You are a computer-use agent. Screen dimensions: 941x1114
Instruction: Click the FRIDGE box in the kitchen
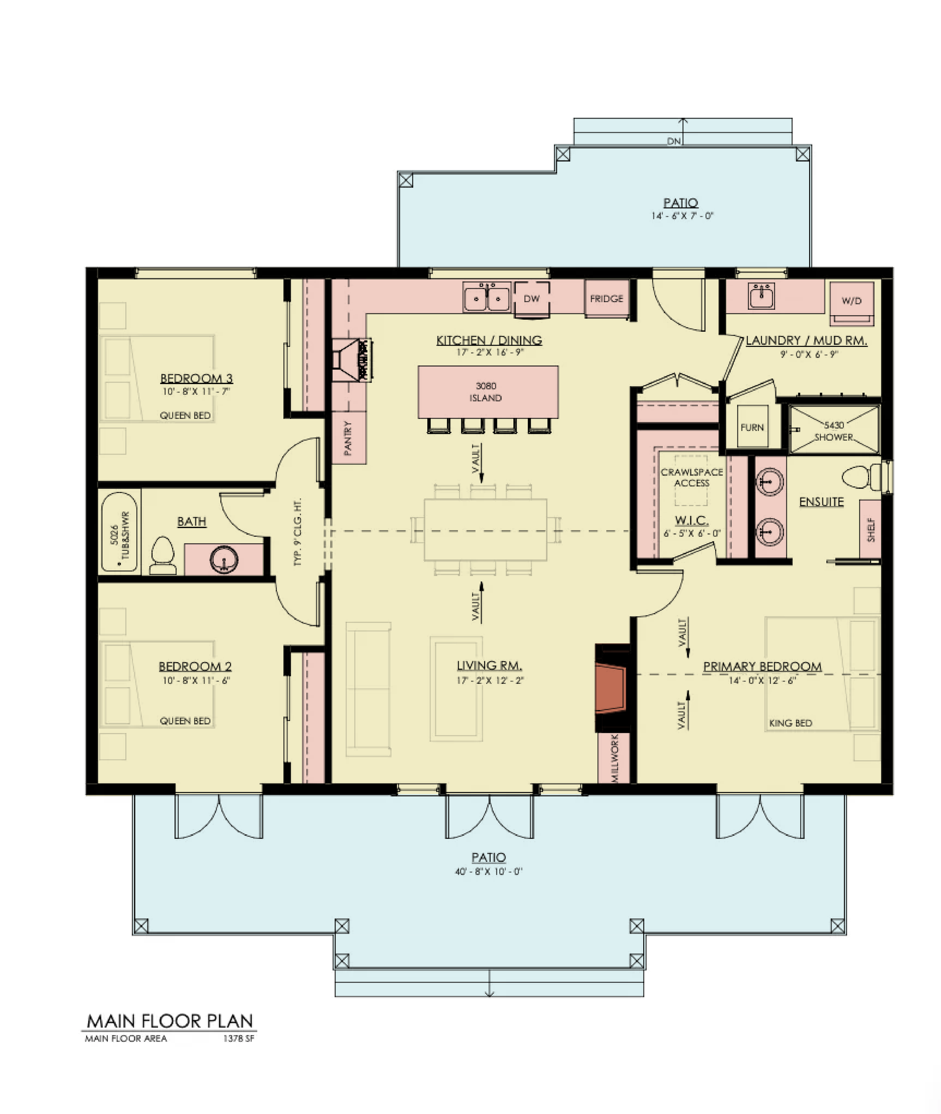pyautogui.click(x=606, y=299)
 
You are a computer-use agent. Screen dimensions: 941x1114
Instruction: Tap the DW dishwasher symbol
pyautogui.click(x=531, y=299)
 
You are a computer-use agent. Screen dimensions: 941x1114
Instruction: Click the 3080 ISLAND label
pyautogui.click(x=486, y=392)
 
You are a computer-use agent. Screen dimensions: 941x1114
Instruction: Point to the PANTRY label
pyautogui.click(x=348, y=438)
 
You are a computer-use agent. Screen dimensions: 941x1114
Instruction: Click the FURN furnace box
pyautogui.click(x=752, y=427)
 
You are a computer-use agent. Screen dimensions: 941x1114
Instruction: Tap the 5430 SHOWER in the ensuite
pyautogui.click(x=834, y=431)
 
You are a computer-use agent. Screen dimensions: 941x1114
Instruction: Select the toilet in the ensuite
pyautogui.click(x=863, y=476)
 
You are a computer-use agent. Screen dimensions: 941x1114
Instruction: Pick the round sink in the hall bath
pyautogui.click(x=224, y=560)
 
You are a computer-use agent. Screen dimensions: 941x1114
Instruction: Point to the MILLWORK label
pyautogui.click(x=614, y=758)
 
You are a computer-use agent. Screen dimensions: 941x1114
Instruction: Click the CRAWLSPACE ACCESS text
pyautogui.click(x=692, y=478)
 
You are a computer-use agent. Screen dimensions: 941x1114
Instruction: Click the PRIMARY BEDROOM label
pyautogui.click(x=762, y=666)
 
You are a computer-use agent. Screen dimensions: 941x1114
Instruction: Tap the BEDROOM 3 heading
pyautogui.click(x=196, y=378)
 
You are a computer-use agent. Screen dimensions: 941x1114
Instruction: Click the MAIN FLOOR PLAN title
pyautogui.click(x=170, y=1021)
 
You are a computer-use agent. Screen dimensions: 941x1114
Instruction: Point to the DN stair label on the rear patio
pyautogui.click(x=674, y=141)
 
